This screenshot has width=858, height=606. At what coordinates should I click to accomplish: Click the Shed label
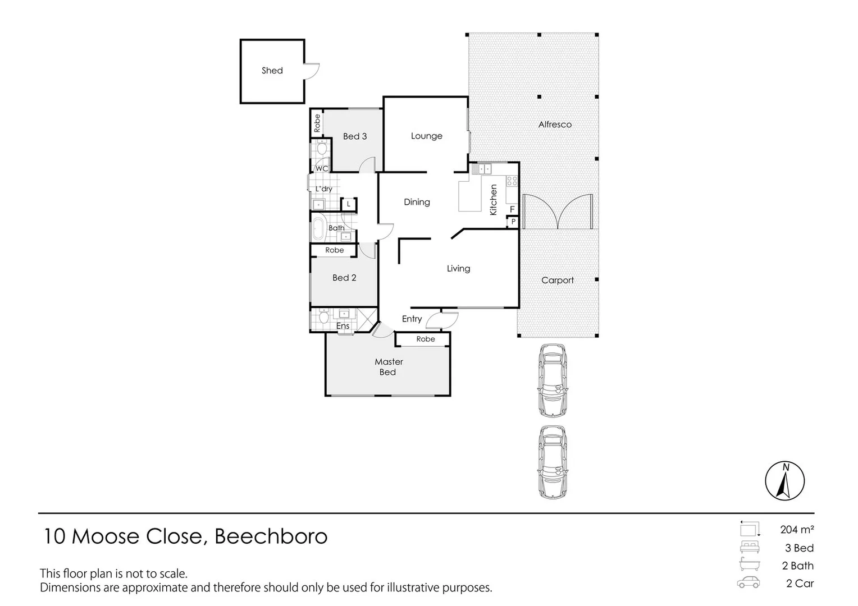(272, 71)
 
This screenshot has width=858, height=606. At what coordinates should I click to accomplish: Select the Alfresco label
(555, 125)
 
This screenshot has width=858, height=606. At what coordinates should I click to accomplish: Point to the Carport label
(557, 280)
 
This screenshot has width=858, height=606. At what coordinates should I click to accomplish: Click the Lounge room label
(426, 136)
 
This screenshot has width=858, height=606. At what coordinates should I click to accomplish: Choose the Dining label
(417, 202)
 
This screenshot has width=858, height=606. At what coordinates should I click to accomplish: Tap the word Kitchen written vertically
(494, 200)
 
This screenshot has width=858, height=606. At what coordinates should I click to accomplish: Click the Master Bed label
(388, 367)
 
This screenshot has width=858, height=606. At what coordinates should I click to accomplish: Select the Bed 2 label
(344, 278)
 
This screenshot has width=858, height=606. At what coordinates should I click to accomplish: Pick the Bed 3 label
(355, 136)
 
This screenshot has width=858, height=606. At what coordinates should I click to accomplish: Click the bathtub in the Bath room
(318, 229)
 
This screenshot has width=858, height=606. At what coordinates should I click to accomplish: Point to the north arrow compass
(784, 481)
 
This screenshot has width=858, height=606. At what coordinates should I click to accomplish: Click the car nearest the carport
(552, 380)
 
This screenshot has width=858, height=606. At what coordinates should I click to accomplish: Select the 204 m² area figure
(797, 529)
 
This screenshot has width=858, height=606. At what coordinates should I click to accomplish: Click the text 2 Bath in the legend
(797, 566)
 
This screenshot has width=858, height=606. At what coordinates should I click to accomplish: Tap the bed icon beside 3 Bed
(750, 548)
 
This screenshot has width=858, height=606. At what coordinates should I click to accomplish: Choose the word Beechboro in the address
(271, 536)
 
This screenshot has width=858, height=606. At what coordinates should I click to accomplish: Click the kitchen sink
(482, 168)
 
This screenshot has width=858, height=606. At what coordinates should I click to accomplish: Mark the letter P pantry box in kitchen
(513, 222)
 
